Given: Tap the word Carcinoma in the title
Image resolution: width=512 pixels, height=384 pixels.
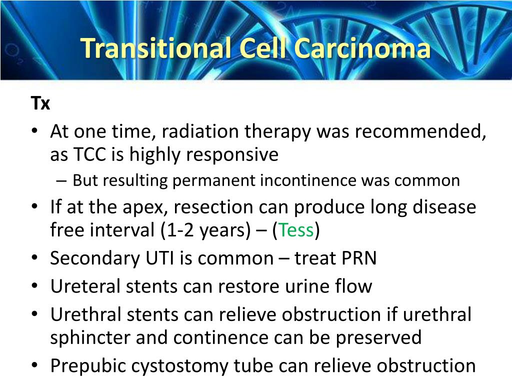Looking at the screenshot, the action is [x=362, y=48].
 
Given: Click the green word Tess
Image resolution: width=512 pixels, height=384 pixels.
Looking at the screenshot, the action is [x=296, y=229].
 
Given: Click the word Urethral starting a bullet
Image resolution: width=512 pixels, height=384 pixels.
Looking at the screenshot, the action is [x=86, y=314].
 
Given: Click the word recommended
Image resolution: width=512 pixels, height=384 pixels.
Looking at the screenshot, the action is [x=420, y=131].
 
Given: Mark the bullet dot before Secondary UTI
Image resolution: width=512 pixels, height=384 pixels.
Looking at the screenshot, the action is [x=34, y=257].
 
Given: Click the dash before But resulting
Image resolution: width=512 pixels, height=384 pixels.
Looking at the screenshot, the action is [x=61, y=180].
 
